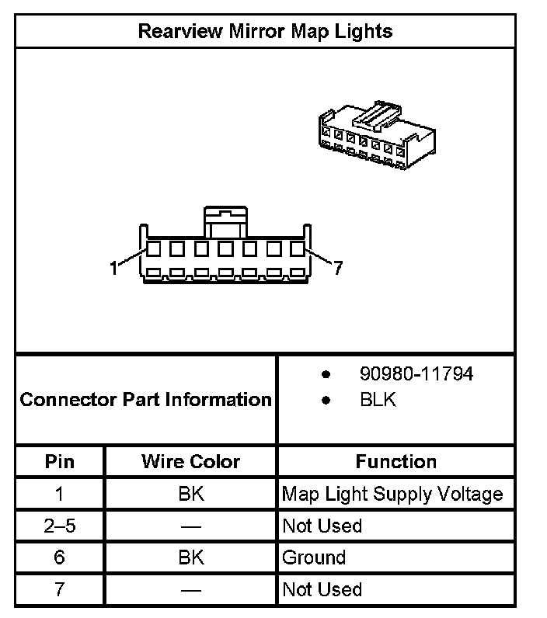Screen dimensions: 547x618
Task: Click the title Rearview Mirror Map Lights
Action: pos(265,31)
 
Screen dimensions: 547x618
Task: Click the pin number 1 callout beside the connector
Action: pos(114,268)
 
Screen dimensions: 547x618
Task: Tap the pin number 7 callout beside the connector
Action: pos(337,268)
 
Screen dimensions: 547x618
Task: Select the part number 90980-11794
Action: pos(416,373)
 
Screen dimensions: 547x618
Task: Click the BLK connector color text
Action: pos(378,401)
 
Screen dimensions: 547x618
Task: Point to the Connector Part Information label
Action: pos(145,400)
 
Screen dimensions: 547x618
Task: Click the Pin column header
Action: pos(60,461)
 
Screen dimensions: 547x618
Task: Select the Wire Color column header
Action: pos(190,461)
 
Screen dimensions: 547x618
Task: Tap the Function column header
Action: pos(396,461)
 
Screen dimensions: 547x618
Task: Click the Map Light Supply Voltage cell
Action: pos(392,494)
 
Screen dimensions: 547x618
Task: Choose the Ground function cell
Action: pos(314,557)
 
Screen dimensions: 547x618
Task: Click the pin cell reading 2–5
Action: pos(60,526)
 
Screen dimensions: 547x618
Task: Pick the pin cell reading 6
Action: pos(60,557)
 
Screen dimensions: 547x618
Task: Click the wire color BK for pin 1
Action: pos(190,494)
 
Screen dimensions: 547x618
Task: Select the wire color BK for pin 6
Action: pos(190,557)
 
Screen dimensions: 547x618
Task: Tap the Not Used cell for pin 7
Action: pos(322,589)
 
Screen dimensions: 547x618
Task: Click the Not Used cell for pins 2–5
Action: pos(322,526)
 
